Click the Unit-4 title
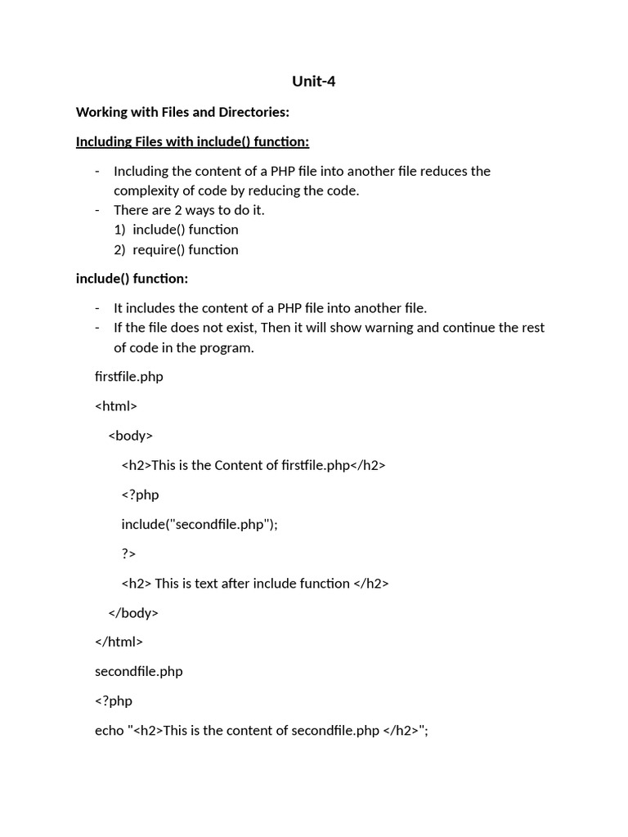click(x=314, y=81)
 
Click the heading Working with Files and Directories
click(x=182, y=111)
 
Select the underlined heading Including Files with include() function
click(x=192, y=141)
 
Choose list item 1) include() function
click(x=177, y=230)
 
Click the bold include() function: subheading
click(x=132, y=279)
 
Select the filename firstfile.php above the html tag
click(x=129, y=377)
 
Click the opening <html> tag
click(x=116, y=406)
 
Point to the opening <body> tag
click(x=131, y=436)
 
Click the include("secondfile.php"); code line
click(x=200, y=524)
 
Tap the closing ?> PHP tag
click(x=128, y=553)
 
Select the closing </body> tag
click(x=133, y=612)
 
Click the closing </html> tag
click(x=119, y=642)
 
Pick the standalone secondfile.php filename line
click(x=139, y=671)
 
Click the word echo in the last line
click(x=109, y=730)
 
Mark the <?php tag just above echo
click(x=114, y=700)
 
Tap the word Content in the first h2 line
click(x=237, y=465)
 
